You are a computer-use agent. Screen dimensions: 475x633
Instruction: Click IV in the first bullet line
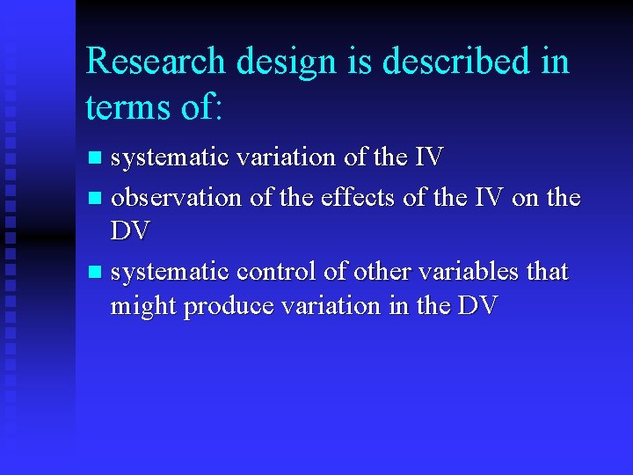click(x=428, y=157)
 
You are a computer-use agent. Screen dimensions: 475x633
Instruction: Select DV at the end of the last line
click(x=478, y=306)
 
